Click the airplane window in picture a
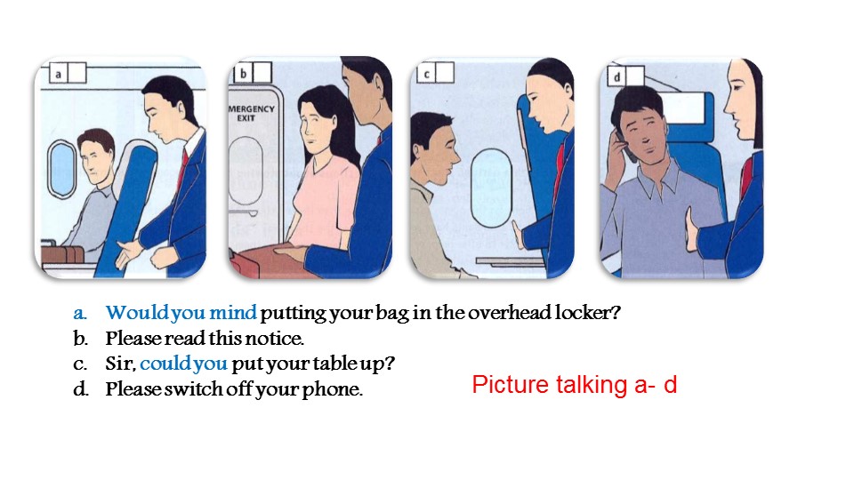(x=61, y=169)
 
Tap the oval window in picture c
(x=491, y=188)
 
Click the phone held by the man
(x=624, y=145)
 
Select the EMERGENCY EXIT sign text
(x=251, y=113)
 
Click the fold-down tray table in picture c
(x=509, y=262)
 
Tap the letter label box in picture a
(x=68, y=73)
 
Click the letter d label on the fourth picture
(x=617, y=76)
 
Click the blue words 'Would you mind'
(x=181, y=312)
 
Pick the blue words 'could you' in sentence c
(x=183, y=363)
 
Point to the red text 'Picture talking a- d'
(x=575, y=384)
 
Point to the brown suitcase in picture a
(x=61, y=253)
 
